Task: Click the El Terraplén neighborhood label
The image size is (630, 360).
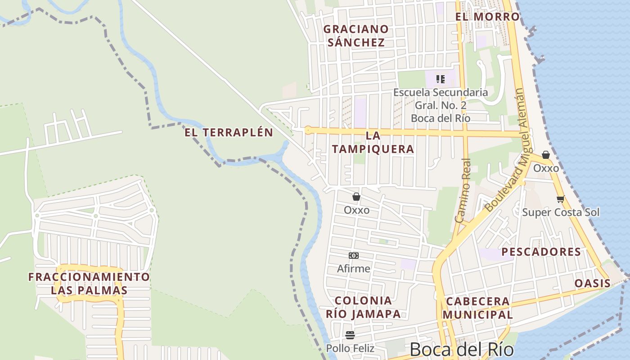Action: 229,132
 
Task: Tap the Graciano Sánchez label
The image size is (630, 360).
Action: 356,36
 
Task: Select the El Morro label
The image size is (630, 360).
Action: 487,17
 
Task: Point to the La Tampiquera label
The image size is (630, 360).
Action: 373,142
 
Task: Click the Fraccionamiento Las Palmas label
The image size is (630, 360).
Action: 89,283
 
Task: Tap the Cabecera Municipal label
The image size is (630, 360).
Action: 477,308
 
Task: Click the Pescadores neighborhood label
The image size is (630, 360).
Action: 541,252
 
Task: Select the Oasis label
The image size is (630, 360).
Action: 592,283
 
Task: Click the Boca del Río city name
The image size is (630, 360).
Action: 462,350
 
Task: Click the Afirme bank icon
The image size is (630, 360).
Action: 354,256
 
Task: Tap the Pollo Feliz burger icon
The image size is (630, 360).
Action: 350,335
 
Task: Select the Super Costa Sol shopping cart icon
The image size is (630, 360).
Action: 560,199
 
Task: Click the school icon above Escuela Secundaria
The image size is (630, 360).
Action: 441,79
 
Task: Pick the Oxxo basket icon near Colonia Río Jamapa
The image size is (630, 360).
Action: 356,197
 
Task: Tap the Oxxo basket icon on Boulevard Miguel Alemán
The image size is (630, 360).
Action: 546,155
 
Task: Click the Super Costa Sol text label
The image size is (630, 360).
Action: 561,212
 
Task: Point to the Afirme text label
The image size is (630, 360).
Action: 354,269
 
